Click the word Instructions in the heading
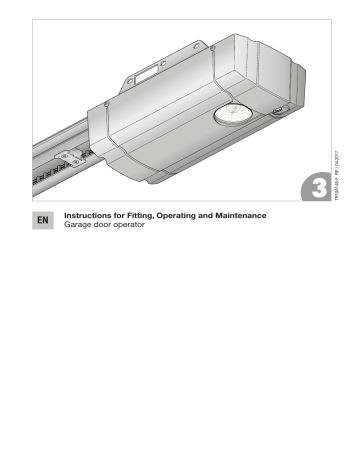[87, 211]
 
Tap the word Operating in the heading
[182, 211]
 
